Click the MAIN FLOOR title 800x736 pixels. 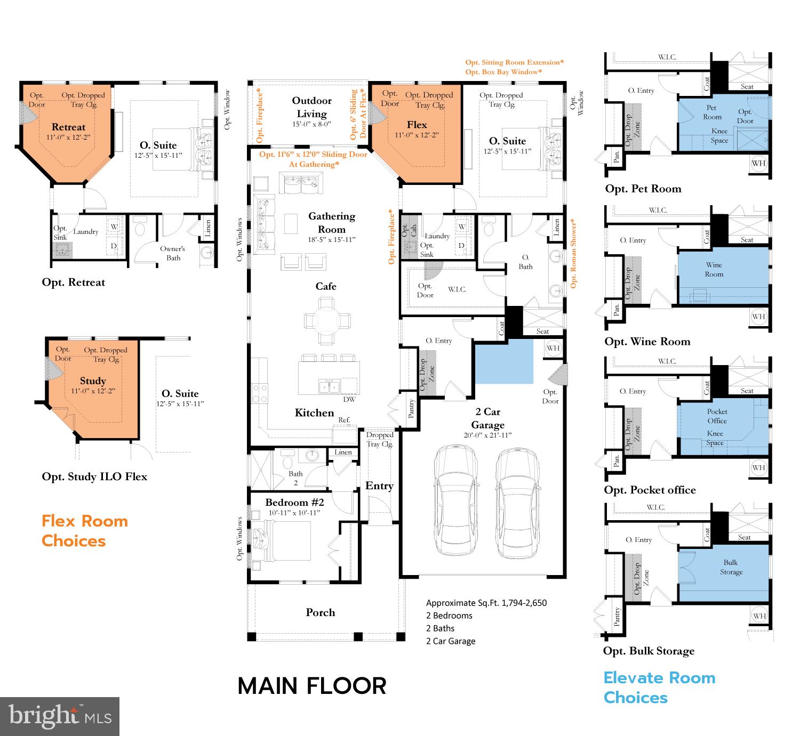[312, 686]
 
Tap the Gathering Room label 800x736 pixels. [332, 223]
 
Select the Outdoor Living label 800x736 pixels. [312, 107]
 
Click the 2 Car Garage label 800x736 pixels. [487, 418]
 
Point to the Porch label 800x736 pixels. [321, 612]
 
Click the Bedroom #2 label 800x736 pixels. [294, 502]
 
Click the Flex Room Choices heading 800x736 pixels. [85, 531]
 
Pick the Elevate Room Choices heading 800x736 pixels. [659, 688]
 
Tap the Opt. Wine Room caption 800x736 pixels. [647, 342]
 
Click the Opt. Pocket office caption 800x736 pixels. [650, 490]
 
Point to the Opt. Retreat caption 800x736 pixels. [74, 282]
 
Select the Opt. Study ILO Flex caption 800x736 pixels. [94, 476]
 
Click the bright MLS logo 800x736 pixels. [60, 716]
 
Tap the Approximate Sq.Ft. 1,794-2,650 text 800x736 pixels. [486, 603]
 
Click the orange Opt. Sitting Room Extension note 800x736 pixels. [514, 62]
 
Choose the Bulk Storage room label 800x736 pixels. [731, 567]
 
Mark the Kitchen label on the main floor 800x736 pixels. [314, 413]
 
